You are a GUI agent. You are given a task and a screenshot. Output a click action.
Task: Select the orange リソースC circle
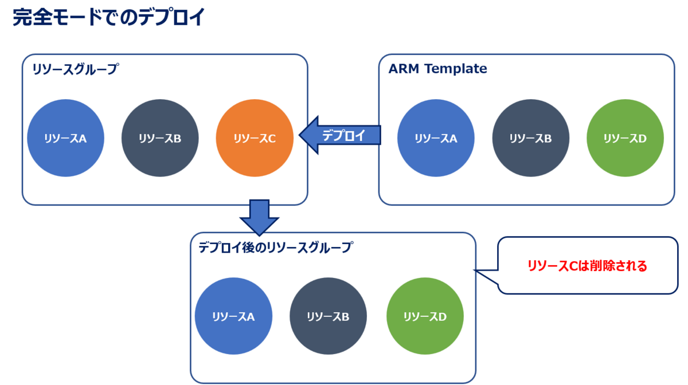255,138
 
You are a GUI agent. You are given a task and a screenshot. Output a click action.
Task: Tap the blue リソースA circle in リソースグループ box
65,138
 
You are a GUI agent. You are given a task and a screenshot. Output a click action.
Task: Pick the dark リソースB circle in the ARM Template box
530,138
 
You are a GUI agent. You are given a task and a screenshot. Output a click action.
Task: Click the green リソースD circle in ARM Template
625,138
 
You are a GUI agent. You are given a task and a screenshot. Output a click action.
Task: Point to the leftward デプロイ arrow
339,135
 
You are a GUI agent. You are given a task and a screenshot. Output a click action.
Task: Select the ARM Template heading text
437,69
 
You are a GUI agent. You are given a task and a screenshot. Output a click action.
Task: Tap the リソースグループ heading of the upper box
76,69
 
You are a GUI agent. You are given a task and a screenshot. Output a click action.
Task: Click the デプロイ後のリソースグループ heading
276,247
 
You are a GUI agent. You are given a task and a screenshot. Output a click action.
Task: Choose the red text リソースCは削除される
587,266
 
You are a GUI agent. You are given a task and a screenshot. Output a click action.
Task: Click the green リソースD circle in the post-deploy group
425,316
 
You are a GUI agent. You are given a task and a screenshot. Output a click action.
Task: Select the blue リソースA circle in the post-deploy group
233,316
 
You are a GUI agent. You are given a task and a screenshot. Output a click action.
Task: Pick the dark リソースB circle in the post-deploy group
328,316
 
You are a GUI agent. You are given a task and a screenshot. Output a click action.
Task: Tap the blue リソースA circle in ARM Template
436,138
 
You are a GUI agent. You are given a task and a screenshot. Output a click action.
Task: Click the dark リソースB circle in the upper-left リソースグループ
160,138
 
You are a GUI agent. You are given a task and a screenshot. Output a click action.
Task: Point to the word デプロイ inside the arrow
343,135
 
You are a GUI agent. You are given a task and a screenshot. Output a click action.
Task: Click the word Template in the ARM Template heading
456,69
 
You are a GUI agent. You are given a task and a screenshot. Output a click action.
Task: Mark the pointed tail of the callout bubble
474,270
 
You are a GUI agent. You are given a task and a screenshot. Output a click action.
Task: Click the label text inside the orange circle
255,139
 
